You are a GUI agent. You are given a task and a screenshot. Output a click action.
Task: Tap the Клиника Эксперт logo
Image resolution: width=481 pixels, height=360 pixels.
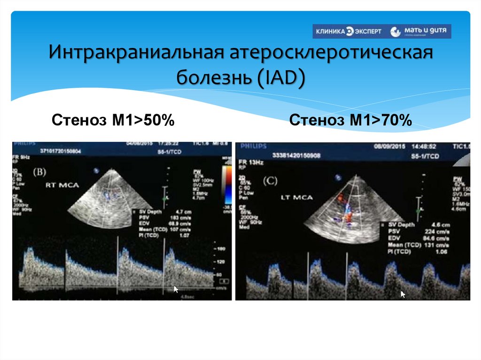coord(348,31)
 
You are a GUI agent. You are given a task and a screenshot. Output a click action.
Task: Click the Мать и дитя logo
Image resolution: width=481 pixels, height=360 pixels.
coord(420,31)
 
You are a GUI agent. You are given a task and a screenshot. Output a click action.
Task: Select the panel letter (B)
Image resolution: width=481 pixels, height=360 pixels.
coord(39,172)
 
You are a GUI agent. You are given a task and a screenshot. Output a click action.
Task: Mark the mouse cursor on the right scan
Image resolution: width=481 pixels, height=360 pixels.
coord(403,294)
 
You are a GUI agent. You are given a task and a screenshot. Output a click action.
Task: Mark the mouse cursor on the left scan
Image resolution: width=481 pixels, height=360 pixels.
coord(175,289)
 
